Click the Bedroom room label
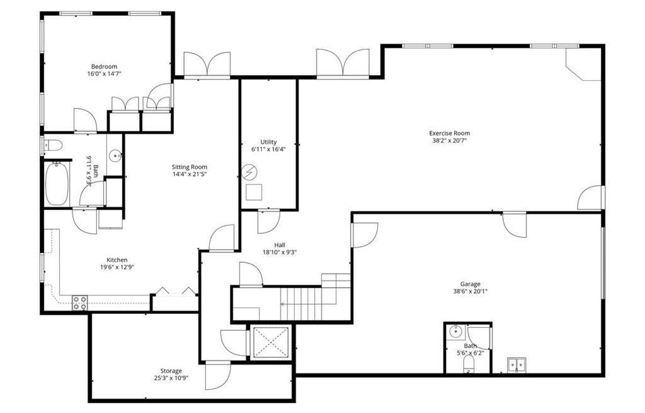104,66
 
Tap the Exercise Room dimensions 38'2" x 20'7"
449,141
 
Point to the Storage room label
171,371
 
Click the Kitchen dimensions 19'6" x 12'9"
117,267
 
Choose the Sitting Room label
190,167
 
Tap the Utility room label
268,142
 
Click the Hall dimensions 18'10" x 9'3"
280,252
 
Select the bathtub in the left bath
57,183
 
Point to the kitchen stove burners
79,303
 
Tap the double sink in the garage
518,366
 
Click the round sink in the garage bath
455,332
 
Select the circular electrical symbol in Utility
250,171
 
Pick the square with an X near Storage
270,342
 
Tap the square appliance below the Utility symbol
253,192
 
